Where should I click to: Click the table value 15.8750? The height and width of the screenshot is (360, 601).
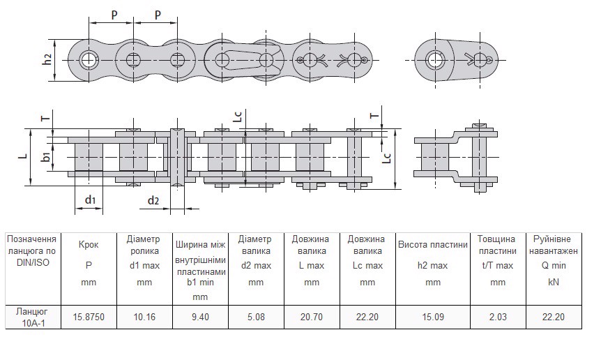(89, 317)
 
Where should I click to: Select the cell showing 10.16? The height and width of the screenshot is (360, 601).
(144, 317)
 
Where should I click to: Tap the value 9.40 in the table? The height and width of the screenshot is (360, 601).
(200, 317)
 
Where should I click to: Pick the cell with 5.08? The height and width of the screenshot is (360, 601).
(256, 317)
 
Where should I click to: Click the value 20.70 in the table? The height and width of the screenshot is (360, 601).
(312, 317)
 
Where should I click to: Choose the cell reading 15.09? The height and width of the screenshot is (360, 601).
(433, 317)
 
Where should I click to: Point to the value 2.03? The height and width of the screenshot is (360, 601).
(498, 317)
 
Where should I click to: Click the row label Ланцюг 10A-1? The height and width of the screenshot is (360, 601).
(31, 317)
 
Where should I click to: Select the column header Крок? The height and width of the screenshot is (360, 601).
(89, 246)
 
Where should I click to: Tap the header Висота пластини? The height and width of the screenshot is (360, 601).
(433, 245)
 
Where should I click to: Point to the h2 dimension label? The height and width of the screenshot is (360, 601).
(47, 60)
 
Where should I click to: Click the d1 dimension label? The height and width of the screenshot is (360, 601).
(90, 200)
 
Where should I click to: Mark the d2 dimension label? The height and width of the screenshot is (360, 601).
(153, 201)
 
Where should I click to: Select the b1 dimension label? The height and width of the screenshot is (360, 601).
(45, 157)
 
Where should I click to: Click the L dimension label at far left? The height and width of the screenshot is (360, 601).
(22, 157)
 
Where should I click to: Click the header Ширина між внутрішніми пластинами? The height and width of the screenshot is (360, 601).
(200, 257)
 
